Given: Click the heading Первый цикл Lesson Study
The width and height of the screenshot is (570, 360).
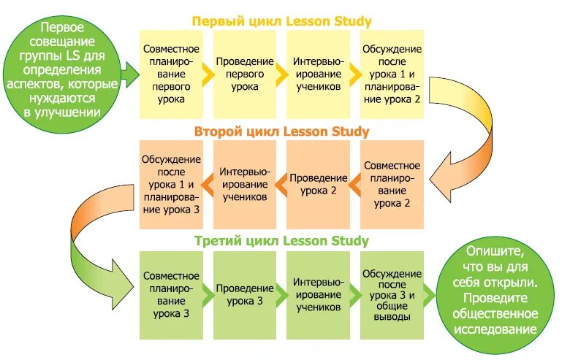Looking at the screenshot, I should click(281, 21).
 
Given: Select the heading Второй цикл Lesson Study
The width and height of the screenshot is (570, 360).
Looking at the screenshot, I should click(281, 131).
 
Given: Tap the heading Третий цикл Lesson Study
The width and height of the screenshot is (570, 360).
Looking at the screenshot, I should click(281, 240).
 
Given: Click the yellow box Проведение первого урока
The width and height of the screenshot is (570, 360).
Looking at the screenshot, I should click(245, 74).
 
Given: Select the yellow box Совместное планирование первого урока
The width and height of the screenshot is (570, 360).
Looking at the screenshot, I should click(171, 74).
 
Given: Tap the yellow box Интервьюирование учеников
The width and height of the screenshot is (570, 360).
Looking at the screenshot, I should click(318, 74).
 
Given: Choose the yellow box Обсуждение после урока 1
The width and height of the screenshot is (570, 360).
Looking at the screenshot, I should click(392, 74).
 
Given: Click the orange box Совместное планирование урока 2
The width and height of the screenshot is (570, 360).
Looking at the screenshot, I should click(392, 184).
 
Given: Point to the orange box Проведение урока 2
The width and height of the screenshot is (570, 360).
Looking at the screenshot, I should click(318, 184).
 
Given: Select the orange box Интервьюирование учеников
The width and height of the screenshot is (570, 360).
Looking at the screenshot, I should click(245, 184).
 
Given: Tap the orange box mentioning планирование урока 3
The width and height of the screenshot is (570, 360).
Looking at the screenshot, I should click(171, 184).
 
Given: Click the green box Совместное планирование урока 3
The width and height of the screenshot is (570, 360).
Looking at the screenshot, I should click(171, 294).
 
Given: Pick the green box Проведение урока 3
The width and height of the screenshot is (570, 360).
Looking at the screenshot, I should click(245, 294).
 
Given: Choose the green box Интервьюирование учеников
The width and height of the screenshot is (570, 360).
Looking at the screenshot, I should click(318, 294).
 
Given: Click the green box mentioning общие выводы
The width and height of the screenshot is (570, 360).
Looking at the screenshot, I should click(392, 294).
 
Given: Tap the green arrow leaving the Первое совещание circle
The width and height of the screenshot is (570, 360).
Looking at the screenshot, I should click(130, 72).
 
